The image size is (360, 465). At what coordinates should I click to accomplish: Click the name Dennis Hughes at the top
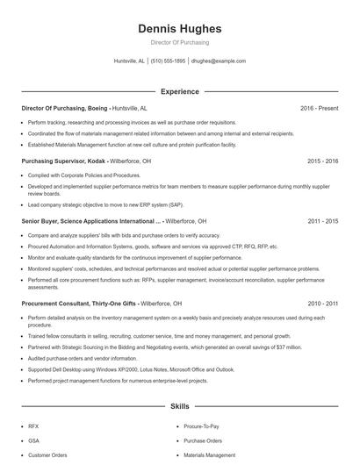179,29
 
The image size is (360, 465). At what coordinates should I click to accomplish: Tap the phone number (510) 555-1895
169,61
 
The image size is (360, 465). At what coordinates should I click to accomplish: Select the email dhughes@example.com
219,61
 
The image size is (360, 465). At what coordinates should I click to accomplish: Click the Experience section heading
179,91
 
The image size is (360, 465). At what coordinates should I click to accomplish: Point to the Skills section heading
179,407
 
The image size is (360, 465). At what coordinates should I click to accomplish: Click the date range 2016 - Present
319,108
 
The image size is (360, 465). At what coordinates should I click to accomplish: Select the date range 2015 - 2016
323,161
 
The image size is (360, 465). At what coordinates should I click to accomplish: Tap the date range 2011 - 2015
323,222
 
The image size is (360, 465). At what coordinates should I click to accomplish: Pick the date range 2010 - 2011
323,303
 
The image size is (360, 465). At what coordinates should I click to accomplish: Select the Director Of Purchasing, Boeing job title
64,108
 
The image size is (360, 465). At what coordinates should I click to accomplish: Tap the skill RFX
33,425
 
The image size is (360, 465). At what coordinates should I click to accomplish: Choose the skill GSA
33,440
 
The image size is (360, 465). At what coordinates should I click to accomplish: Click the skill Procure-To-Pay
200,425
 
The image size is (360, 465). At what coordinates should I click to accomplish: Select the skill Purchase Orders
203,440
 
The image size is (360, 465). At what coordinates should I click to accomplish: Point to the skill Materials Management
210,455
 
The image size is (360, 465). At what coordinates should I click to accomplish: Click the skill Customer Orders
47,455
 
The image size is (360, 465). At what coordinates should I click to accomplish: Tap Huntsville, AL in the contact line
130,61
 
